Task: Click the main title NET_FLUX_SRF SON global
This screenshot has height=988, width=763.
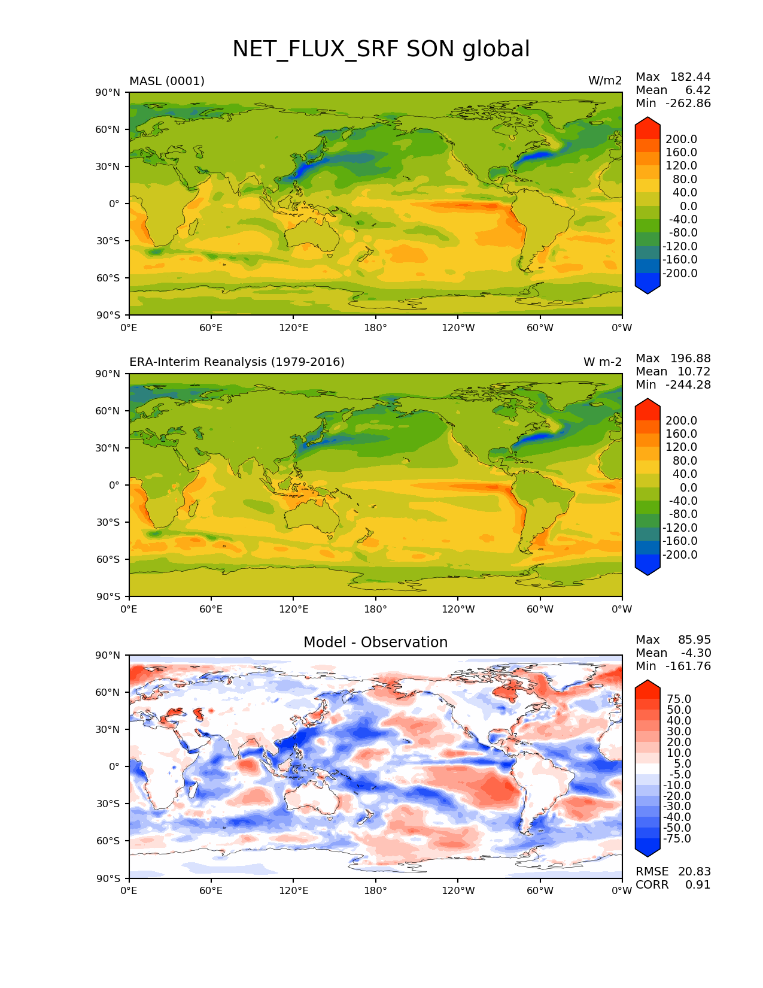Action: (381, 49)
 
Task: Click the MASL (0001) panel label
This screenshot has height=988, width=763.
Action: (167, 81)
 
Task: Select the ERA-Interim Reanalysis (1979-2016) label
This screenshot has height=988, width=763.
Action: (237, 362)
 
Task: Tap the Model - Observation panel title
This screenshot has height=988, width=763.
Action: (375, 642)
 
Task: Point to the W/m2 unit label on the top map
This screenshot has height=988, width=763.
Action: (605, 81)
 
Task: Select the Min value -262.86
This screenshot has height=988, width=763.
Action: (689, 103)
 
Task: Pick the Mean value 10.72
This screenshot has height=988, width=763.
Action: (694, 371)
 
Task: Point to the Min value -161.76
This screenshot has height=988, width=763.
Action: (689, 666)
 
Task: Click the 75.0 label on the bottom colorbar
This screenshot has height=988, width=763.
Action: (679, 699)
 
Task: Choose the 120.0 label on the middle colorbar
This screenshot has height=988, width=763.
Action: (681, 447)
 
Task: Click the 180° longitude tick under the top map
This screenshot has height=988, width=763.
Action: (376, 328)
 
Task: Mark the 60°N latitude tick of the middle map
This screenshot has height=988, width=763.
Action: (108, 411)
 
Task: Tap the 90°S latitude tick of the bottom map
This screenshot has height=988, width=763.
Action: (109, 878)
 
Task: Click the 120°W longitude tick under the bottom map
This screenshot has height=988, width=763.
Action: (458, 890)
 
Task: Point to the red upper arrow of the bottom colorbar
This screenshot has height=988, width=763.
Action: (648, 688)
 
